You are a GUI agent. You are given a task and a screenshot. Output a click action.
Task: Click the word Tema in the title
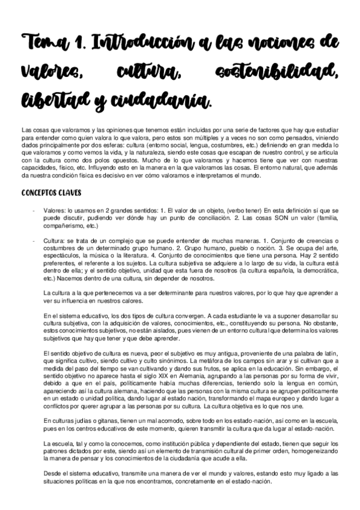coord(41,43)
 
